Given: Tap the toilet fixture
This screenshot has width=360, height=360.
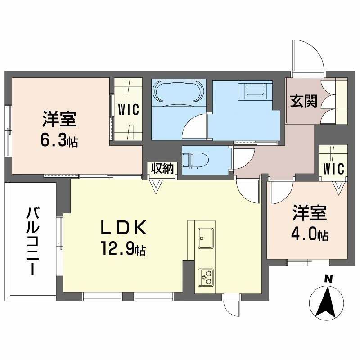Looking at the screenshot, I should coord(194,159).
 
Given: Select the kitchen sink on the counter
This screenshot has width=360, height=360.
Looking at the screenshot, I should coord(206,235).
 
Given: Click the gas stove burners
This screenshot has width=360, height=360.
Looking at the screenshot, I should coord(206,276).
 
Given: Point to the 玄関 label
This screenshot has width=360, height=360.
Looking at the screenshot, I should coord(303,102).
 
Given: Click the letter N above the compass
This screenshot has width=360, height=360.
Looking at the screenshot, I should coord(329,280).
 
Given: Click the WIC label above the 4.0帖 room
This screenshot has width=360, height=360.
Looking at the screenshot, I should coord(333,168).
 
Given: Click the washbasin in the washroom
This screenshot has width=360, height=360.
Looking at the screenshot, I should coord(257,91).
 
